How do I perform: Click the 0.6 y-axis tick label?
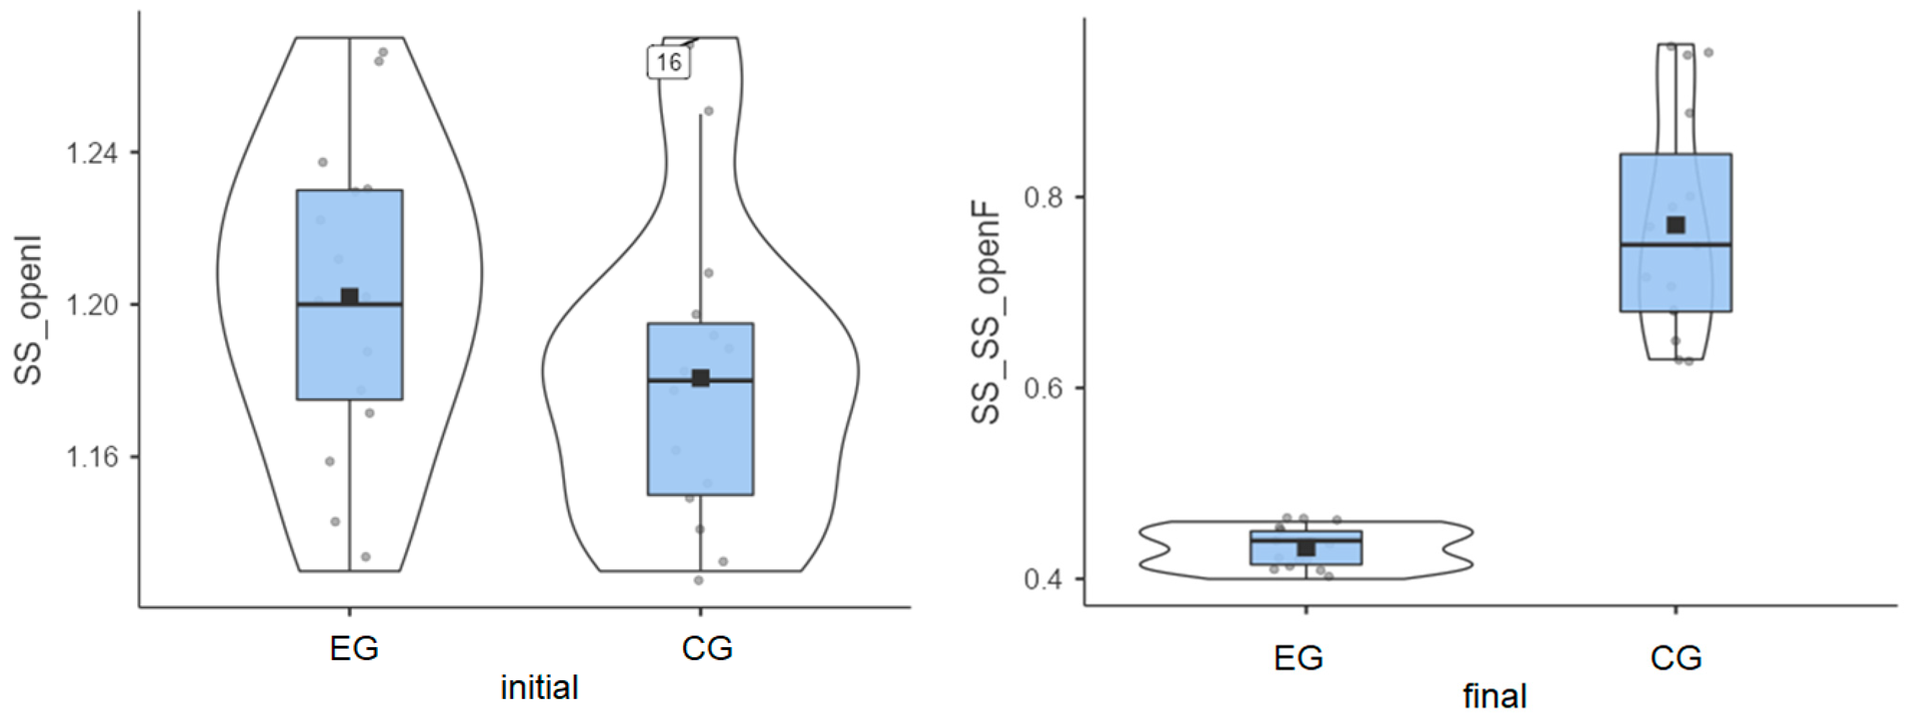tap(1044, 388)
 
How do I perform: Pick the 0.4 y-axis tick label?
tap(1044, 579)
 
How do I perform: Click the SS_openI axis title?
tap(29, 311)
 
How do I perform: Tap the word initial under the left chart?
tap(540, 688)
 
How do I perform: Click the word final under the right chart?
tap(1495, 697)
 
